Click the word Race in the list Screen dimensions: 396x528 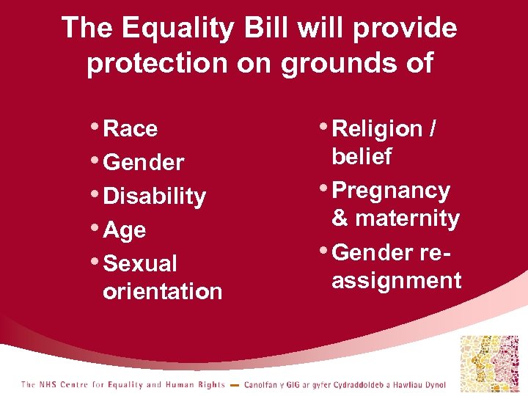[x=131, y=129]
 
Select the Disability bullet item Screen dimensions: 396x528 [x=155, y=197]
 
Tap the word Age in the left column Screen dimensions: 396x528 [x=125, y=230]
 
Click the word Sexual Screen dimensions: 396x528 [x=141, y=263]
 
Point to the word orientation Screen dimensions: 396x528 [x=162, y=291]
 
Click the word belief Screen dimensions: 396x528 [x=362, y=157]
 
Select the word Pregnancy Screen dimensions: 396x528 [x=391, y=191]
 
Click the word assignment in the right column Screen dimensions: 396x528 [x=396, y=280]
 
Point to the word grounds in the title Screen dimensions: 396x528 [x=319, y=63]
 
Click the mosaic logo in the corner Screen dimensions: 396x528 [x=488, y=363]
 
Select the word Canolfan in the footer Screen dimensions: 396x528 [x=262, y=384]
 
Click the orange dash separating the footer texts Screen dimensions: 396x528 [x=234, y=385]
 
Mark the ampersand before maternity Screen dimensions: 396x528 [x=340, y=219]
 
